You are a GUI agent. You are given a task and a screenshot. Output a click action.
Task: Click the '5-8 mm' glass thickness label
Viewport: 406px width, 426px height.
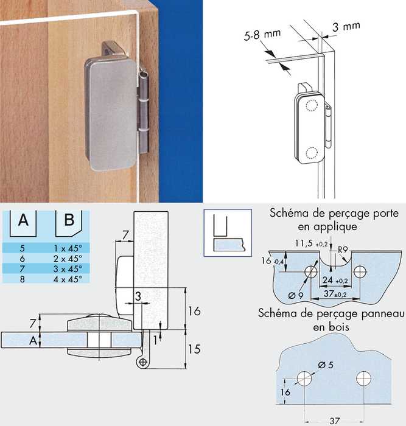[262, 35]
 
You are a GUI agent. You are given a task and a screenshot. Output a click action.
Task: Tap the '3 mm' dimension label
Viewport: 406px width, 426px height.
[346, 27]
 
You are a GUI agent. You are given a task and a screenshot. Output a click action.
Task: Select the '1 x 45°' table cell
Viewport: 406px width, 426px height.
[68, 248]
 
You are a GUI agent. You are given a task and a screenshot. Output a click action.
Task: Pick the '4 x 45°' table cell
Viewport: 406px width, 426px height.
[68, 279]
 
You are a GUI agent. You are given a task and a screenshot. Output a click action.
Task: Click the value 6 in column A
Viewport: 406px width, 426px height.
[23, 259]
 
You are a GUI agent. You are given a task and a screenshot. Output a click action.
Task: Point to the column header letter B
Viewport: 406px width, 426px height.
[69, 220]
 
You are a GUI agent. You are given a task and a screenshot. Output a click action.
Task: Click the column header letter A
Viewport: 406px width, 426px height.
[23, 220]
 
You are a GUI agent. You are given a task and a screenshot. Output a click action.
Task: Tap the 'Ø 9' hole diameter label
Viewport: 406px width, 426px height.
[295, 295]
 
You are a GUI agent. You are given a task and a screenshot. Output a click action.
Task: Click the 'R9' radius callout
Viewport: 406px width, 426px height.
[343, 249]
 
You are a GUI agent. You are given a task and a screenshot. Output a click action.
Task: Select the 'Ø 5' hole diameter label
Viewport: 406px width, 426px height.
[325, 365]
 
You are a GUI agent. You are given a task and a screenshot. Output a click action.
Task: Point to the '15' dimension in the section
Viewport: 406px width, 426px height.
[194, 349]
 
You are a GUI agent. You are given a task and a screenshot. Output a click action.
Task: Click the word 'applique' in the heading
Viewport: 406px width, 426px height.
[327, 226]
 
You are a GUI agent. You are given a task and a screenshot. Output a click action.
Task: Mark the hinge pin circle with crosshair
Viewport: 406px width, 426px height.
[142, 362]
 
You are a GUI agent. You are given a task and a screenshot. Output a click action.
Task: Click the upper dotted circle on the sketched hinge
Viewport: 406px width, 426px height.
[312, 105]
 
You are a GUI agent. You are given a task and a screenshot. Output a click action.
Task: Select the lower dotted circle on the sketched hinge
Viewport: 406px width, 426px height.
[312, 153]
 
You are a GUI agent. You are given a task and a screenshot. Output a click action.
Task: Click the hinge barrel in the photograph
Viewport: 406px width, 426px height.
[144, 111]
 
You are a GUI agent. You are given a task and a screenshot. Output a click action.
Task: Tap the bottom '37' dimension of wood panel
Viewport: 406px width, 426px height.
[334, 421]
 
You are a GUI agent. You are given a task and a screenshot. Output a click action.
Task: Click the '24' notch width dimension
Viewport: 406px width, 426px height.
[327, 280]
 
